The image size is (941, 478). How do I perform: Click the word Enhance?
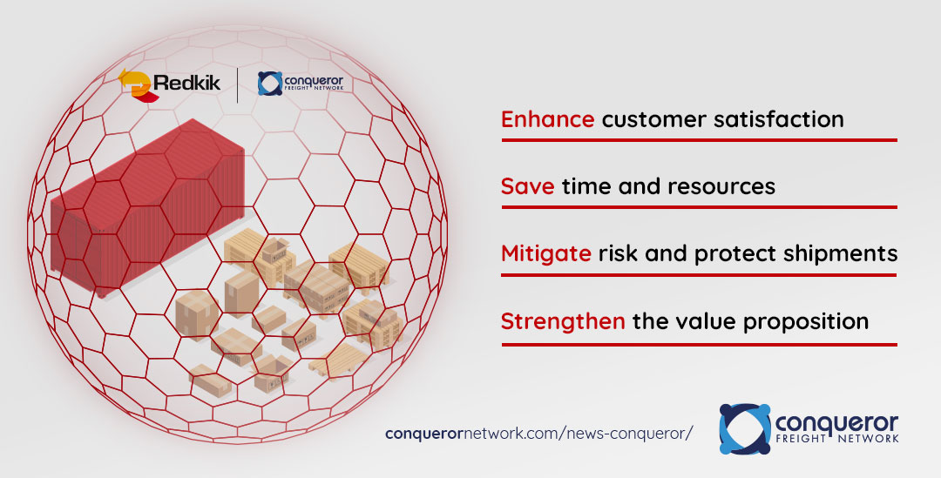[x=547, y=118]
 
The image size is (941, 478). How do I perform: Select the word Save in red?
[x=527, y=186]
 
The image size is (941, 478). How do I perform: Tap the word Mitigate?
[x=546, y=253]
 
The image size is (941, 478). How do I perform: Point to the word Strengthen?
[x=563, y=321]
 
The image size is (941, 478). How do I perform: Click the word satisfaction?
[x=778, y=118]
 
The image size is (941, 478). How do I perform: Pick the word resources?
[x=721, y=187]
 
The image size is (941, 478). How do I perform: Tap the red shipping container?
[x=147, y=207]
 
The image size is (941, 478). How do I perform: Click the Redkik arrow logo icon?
[x=136, y=85]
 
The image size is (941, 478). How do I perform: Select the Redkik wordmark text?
[x=187, y=82]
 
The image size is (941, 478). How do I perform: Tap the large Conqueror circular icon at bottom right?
[x=745, y=429]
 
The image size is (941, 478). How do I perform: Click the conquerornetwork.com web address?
[x=539, y=433]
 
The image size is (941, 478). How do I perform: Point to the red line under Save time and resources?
[x=699, y=207]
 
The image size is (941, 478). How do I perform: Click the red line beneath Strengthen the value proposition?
[x=699, y=345]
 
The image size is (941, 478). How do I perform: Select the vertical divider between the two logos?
[x=238, y=85]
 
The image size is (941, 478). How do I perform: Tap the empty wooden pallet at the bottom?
[x=339, y=361]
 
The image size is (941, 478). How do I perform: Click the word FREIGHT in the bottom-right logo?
[x=801, y=439]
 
